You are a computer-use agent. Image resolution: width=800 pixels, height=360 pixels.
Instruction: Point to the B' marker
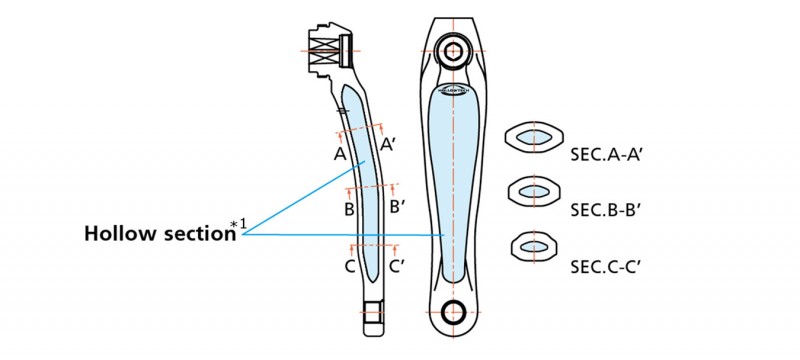[x=397, y=207]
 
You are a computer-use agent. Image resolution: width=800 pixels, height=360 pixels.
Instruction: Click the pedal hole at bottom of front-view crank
[x=456, y=310]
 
